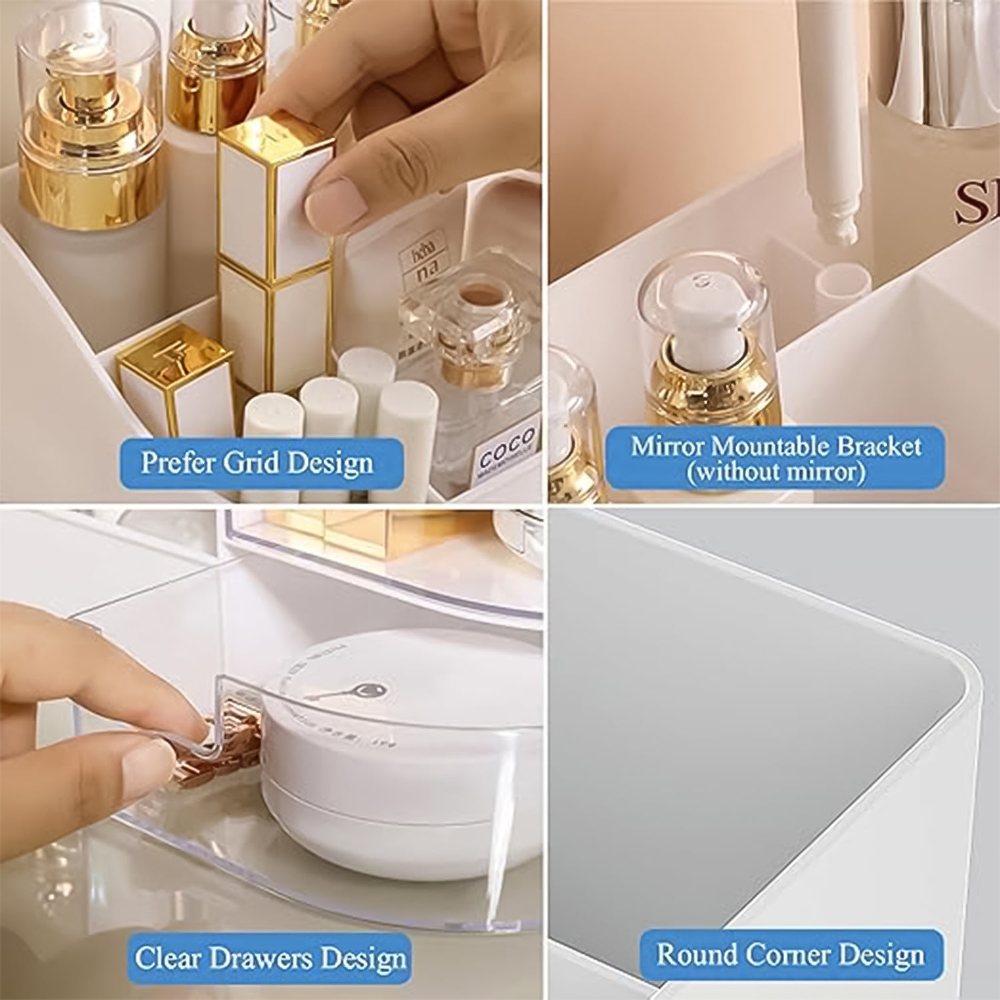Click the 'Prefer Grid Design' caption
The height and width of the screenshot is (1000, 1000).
257,463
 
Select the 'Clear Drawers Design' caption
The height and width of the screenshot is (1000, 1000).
270,959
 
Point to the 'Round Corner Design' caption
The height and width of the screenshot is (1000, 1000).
791,955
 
